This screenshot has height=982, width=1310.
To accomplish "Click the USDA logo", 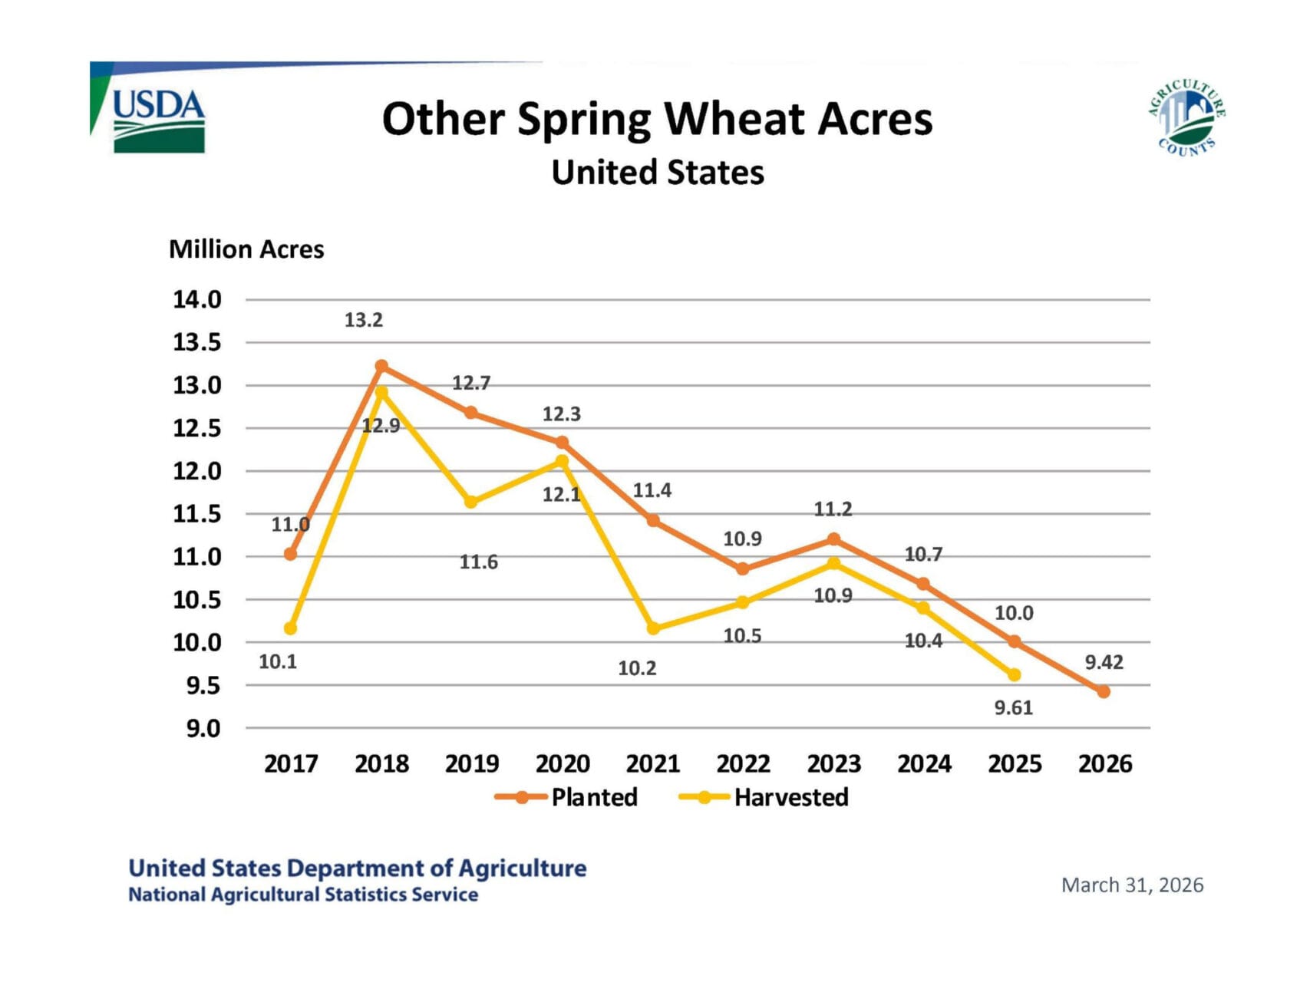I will [158, 120].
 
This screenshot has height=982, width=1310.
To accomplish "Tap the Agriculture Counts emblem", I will [1186, 117].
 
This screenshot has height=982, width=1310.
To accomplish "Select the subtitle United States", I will [658, 173].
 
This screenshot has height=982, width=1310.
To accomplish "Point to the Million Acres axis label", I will [246, 249].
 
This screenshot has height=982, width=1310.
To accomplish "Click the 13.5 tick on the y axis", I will [196, 342].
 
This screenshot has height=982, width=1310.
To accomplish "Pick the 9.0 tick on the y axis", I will [203, 728].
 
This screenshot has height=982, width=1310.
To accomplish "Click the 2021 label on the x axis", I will [653, 764].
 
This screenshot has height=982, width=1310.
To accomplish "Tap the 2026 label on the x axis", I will [1105, 764].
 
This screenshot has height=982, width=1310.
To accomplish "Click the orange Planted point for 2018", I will [381, 366].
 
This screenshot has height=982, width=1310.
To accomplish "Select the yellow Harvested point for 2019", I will [471, 503].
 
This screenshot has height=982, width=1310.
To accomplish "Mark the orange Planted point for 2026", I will [1104, 691].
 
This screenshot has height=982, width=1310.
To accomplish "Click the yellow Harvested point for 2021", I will [653, 628].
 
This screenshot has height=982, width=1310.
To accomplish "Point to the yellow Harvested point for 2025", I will [1014, 675].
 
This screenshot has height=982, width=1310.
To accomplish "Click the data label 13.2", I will [363, 320].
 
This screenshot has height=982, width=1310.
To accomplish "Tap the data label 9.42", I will [1104, 662].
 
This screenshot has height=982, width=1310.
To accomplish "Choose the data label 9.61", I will [1014, 707].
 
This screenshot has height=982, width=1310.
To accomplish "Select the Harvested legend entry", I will [764, 797].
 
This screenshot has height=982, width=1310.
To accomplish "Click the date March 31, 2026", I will [1132, 885].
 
